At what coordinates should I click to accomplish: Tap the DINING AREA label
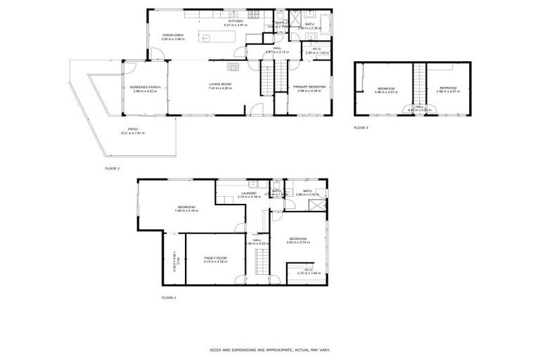[172, 34]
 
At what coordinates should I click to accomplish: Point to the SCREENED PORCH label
[146, 86]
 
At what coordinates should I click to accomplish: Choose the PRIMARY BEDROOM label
[309, 86]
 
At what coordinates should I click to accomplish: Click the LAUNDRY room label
[248, 193]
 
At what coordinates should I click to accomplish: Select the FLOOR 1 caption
[169, 297]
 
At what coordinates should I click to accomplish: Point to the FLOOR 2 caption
[112, 169]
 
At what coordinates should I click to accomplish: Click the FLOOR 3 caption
[361, 127]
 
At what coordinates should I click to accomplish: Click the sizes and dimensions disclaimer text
[269, 349]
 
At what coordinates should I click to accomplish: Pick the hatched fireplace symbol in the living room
[233, 67]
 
